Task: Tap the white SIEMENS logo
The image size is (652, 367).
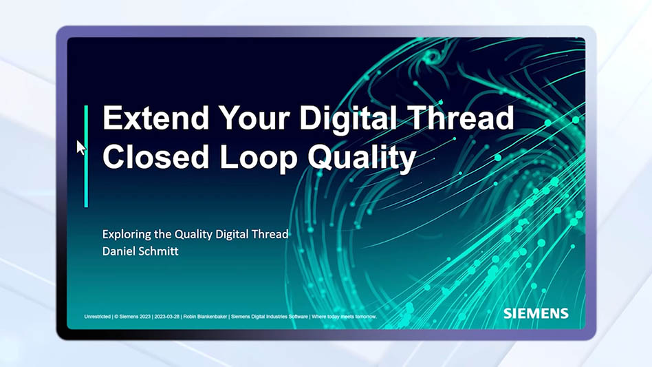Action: coord(536,314)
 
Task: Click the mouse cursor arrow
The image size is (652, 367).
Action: coord(80,147)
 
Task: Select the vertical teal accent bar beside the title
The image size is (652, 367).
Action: coord(86,156)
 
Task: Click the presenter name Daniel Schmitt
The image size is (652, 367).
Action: coord(140,251)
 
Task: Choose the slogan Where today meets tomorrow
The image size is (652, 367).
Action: coord(344,317)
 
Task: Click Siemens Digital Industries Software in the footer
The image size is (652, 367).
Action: coord(271,317)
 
